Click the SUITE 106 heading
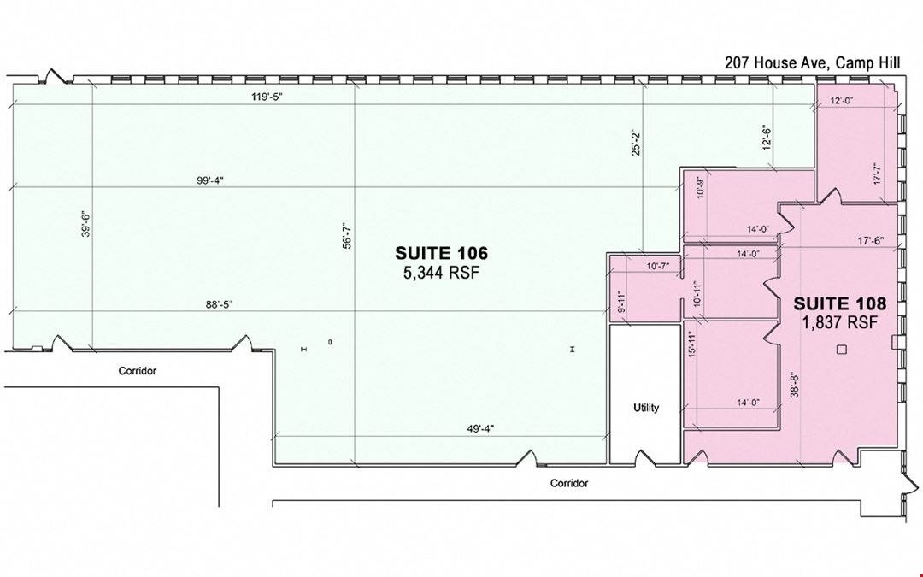point(442,253)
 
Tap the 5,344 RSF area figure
point(442,273)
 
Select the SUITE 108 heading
point(839,303)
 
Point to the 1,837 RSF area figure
point(839,322)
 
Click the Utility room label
point(646,408)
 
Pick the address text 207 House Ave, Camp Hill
point(813,63)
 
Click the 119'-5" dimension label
point(267,97)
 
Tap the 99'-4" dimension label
point(210,180)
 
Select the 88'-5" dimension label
point(219,304)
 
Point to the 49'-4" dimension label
point(480,428)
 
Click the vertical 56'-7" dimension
point(347,236)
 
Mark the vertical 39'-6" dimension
point(86,224)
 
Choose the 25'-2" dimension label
point(635,143)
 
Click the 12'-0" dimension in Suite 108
point(842,101)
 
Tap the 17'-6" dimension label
point(871,241)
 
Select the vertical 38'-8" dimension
point(795,384)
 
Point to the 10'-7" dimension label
point(658,266)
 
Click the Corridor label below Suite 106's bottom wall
point(569,483)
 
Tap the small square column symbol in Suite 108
point(842,350)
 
